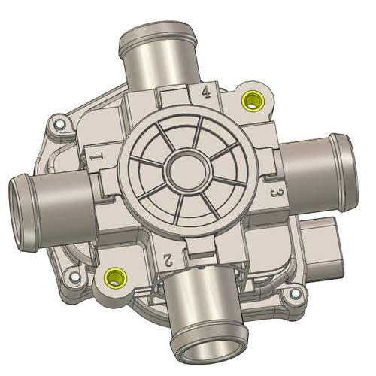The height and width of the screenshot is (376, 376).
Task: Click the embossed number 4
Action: [205, 92]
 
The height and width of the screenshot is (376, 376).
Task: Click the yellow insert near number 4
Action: [251, 99]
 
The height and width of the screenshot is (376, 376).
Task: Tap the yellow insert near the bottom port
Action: [115, 277]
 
